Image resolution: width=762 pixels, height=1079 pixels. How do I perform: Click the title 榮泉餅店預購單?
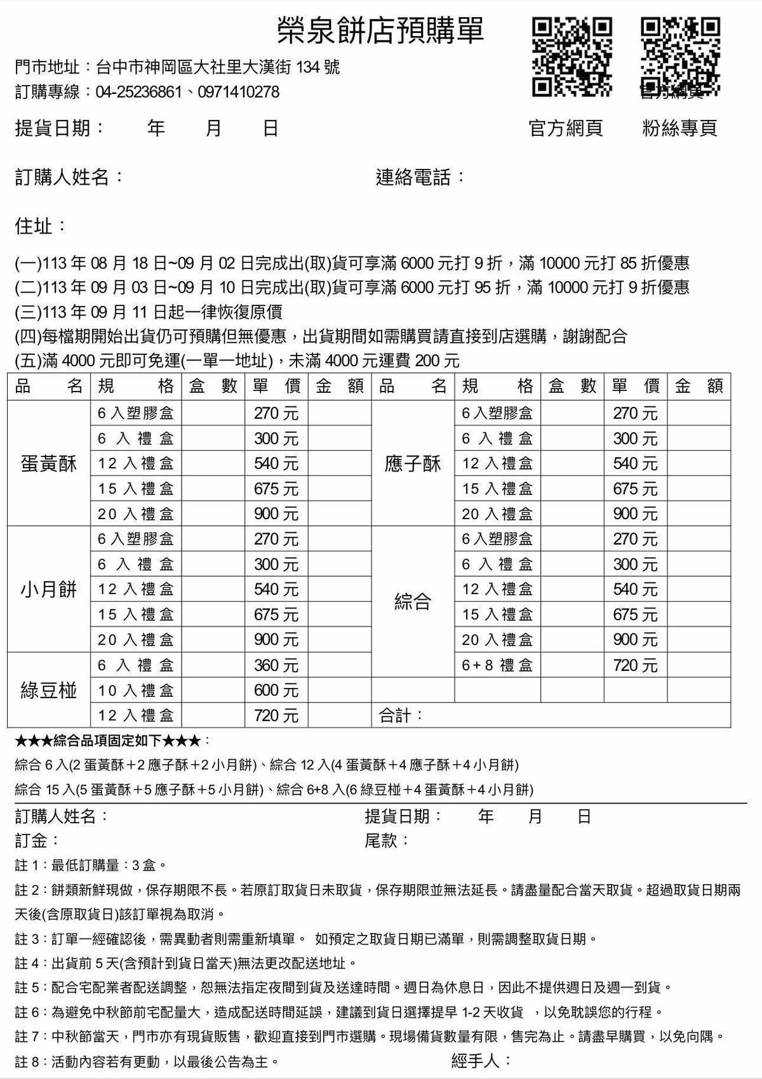pos(380,30)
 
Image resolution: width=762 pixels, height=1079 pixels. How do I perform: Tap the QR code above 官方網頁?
pos(571,57)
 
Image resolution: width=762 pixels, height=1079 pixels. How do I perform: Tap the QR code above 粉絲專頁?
pos(680,57)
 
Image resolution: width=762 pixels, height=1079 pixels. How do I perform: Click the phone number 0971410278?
pos(239,92)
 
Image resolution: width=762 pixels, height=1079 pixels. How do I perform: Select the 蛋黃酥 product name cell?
pos(49,464)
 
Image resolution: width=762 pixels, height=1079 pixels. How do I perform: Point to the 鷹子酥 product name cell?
pos(413,464)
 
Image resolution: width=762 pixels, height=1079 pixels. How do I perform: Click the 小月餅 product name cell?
pos(49,590)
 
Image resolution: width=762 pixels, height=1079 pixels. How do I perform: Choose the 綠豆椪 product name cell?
pos(49,690)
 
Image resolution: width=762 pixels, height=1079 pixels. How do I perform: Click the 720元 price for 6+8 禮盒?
pos(635,665)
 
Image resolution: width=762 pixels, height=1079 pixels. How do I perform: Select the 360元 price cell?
pos(276,665)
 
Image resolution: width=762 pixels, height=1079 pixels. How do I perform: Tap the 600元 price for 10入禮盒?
pos(276,690)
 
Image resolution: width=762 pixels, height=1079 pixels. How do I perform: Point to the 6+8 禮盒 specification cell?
pos(497,665)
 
